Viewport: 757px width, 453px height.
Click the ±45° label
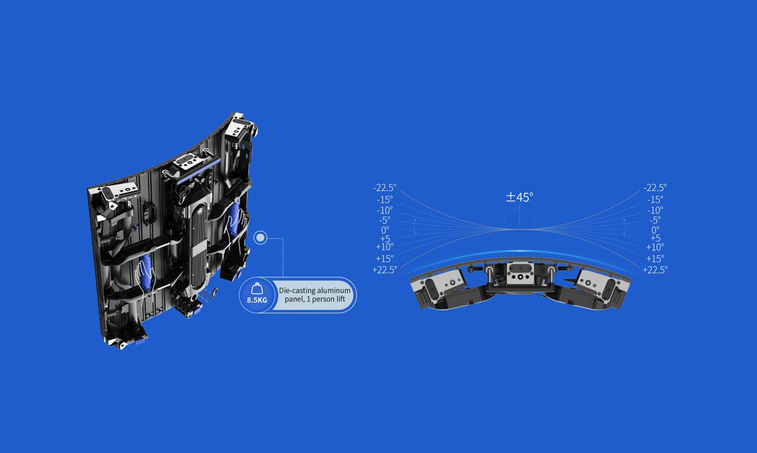520,197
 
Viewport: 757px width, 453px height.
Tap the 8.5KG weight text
257,300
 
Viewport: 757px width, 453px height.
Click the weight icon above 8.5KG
257,288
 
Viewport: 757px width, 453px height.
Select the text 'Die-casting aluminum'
315,290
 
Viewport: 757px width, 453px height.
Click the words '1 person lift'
326,299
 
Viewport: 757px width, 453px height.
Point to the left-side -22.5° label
384,188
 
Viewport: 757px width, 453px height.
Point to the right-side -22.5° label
655,188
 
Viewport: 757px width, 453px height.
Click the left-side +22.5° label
384,270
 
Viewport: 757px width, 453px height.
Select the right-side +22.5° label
655,270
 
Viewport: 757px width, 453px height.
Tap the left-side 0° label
384,230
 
